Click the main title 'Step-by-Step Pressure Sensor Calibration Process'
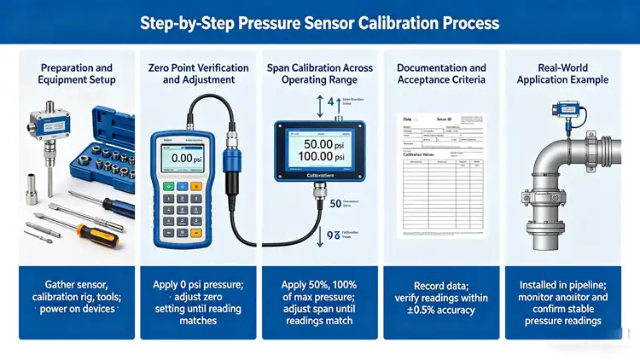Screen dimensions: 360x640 [x=320, y=21]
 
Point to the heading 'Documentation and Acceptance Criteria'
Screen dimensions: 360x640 [x=441, y=73]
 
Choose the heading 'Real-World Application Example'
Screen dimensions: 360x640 [x=562, y=73]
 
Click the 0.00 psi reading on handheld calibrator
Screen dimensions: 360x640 [x=181, y=158]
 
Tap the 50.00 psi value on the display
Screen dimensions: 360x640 [x=320, y=145]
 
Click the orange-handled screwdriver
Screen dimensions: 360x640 [x=98, y=232]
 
